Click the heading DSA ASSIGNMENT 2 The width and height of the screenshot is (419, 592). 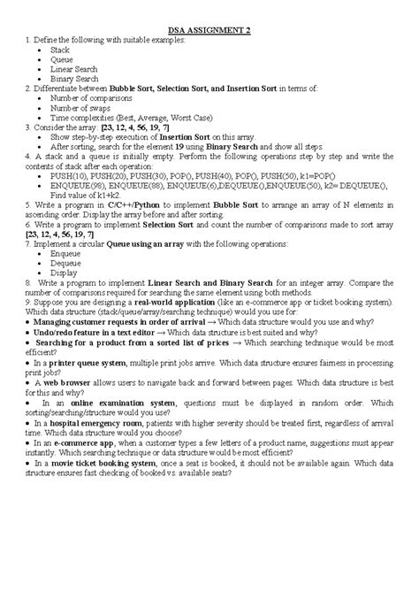209,31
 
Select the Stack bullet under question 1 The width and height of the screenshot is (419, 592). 60,51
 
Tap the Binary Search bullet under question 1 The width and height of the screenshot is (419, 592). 74,79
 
